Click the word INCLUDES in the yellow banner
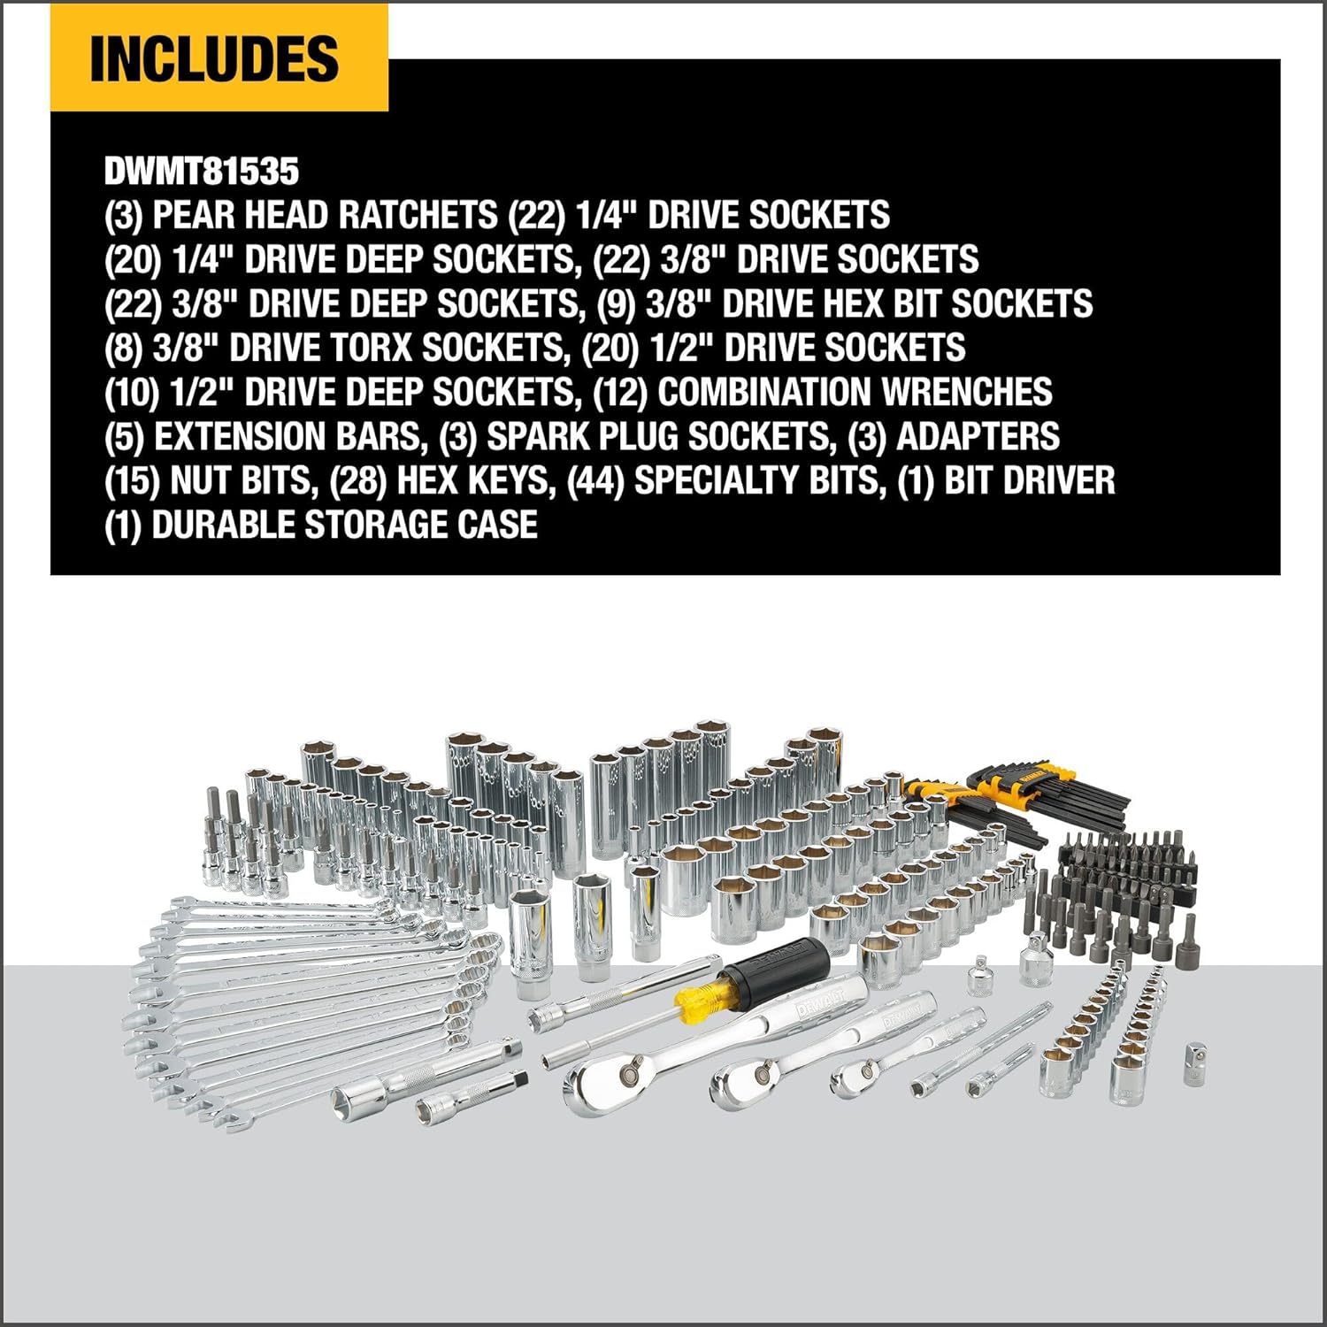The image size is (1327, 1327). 214,58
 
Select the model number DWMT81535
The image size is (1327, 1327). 202,171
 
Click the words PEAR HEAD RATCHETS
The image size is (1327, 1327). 325,215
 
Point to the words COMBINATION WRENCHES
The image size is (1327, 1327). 855,392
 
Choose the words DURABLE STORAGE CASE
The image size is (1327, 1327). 344,525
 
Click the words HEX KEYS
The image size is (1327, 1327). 472,480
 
